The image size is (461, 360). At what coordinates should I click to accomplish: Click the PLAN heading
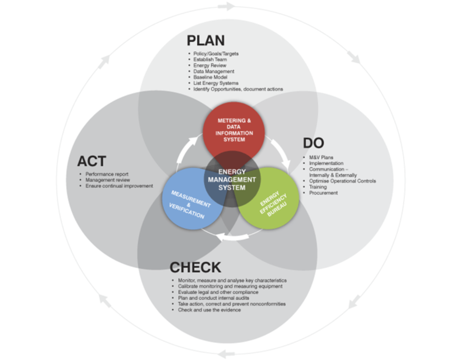point(205,40)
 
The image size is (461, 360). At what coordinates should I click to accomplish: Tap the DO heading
point(313,143)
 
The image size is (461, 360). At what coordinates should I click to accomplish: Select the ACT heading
point(91,161)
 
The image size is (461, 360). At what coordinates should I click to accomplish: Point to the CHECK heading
point(195,267)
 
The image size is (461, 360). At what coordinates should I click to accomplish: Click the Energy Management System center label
point(232,180)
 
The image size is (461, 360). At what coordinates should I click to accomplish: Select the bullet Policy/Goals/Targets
point(216,53)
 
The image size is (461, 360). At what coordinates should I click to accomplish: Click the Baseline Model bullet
point(210,77)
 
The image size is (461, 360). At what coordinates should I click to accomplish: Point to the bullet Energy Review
point(210,66)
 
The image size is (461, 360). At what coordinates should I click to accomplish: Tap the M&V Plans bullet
point(321,157)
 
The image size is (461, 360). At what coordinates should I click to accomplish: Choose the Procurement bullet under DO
point(324,193)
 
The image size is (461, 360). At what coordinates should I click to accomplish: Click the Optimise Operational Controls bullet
point(343,181)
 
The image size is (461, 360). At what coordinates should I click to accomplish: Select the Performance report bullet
point(107,174)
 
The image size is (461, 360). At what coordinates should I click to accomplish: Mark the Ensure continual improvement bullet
point(119,186)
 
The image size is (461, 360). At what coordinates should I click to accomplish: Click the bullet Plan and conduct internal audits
point(214,298)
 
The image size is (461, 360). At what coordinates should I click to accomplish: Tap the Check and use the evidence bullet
point(209,310)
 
